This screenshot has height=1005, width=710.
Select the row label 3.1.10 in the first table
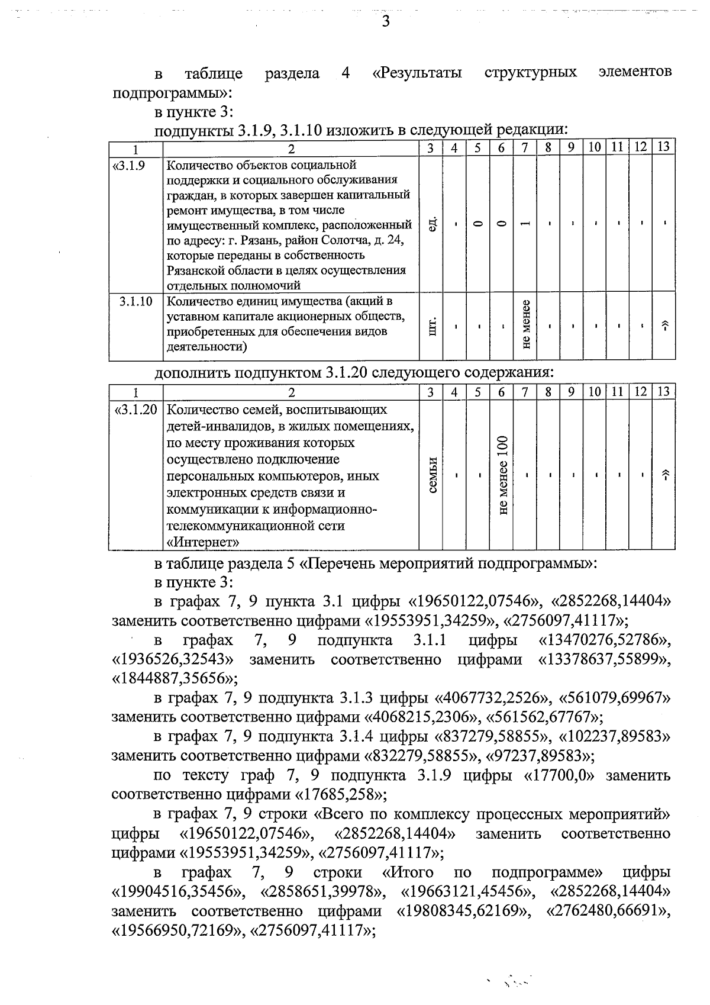point(135,301)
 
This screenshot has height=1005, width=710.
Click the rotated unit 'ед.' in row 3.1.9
point(432,224)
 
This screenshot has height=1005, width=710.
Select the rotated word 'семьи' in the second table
point(432,475)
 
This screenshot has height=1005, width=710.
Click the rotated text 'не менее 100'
point(502,475)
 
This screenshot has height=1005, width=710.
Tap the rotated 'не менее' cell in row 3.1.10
point(525,325)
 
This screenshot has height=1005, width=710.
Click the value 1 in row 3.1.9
point(525,224)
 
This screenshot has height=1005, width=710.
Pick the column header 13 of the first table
point(663,147)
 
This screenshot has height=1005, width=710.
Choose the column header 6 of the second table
point(501,392)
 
